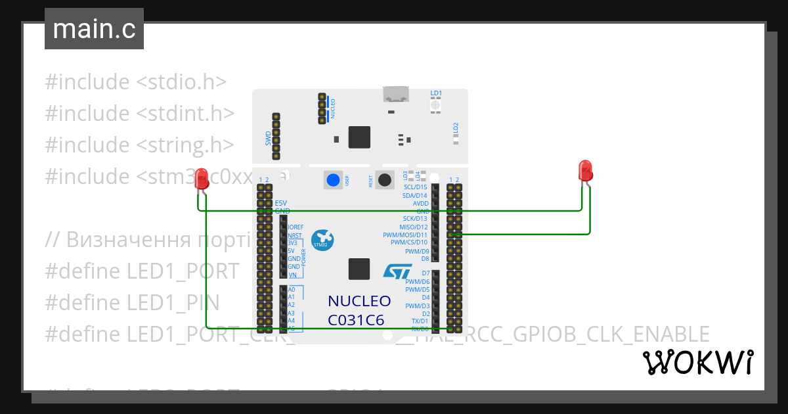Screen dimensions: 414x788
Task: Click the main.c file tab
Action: (94, 29)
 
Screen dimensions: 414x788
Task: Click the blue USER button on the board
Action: (334, 180)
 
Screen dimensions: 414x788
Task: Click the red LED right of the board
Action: (584, 171)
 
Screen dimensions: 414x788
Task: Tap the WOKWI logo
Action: (697, 362)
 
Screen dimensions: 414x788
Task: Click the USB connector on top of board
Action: (396, 95)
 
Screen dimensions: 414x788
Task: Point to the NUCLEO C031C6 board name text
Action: (359, 310)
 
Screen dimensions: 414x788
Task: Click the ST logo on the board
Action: (398, 271)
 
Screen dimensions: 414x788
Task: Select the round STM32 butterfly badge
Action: (321, 239)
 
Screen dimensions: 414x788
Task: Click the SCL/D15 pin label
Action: (415, 187)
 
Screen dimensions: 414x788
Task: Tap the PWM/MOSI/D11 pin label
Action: (405, 235)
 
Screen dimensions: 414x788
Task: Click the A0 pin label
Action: (292, 289)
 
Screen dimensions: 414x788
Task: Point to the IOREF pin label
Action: (295, 227)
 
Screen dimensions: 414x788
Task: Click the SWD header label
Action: (268, 137)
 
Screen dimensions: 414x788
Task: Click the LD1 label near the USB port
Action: (436, 93)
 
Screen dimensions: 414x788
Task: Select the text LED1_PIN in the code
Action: (173, 303)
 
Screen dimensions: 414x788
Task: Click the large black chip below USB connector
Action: (359, 137)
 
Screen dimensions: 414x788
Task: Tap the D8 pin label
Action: (425, 258)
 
